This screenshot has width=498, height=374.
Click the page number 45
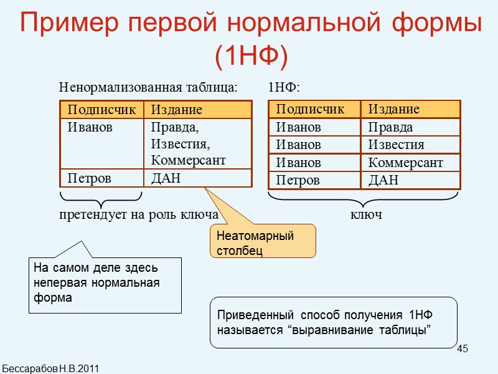coord(462,348)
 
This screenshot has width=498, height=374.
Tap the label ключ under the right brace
coord(366,214)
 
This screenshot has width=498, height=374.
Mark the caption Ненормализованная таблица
coord(148,87)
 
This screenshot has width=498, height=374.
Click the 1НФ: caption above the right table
coord(284,87)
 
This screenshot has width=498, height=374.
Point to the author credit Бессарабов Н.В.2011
coord(50,368)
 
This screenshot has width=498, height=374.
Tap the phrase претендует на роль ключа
coord(138,214)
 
